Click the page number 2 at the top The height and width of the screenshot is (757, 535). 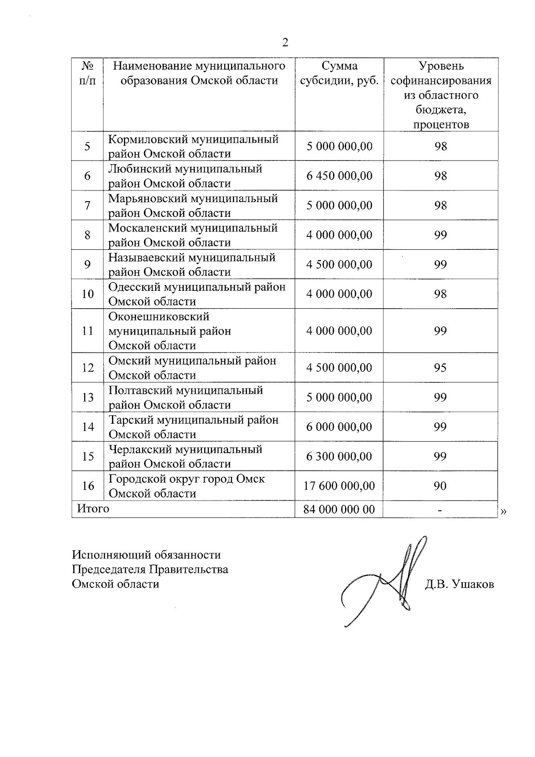point(285,42)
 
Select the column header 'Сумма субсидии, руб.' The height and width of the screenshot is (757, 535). point(339,73)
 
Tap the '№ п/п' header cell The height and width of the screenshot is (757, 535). point(88,73)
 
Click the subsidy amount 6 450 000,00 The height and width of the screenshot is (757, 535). point(339,176)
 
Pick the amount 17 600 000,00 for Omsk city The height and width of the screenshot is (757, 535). point(339,486)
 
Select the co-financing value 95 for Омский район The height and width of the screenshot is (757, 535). point(440,368)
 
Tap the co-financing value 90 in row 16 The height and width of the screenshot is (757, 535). point(440,486)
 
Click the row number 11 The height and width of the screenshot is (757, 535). point(88,331)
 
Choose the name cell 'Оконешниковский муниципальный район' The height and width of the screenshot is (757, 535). point(170,331)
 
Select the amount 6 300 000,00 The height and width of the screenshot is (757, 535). point(339,456)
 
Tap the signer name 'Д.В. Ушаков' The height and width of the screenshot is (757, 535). point(459,584)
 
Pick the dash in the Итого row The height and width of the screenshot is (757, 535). point(440,510)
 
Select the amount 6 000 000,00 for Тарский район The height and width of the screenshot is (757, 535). point(339,427)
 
